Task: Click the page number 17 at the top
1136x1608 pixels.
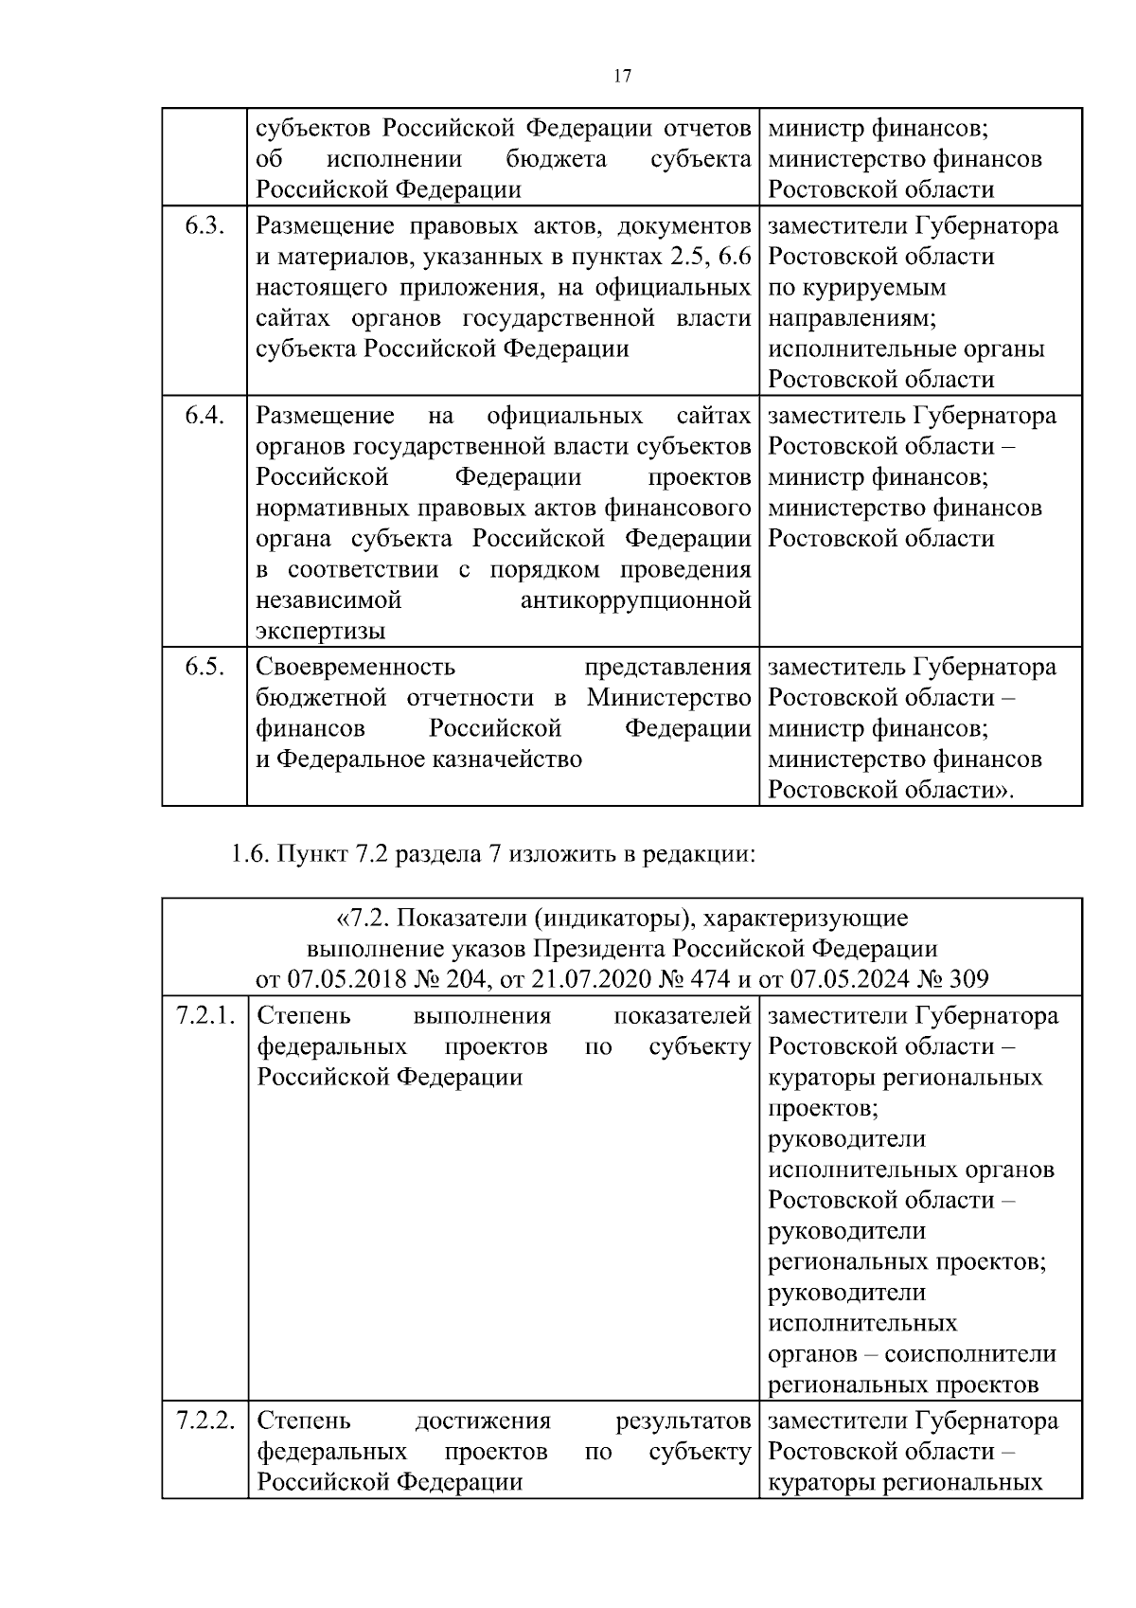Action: tap(622, 77)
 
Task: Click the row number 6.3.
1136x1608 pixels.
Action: tap(204, 226)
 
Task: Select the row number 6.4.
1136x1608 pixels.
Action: tap(204, 416)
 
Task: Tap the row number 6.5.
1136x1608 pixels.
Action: tap(204, 667)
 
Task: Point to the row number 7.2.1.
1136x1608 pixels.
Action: tap(205, 1016)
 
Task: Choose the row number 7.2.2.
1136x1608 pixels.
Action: tap(205, 1420)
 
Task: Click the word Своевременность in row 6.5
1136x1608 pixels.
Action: tap(355, 667)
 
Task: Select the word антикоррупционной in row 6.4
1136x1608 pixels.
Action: tap(636, 600)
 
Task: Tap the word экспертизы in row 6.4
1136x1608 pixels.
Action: tap(321, 632)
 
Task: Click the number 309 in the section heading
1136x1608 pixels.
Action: tap(967, 978)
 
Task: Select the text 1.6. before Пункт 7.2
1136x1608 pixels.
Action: tap(251, 855)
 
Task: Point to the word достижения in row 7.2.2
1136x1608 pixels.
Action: tap(483, 1420)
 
